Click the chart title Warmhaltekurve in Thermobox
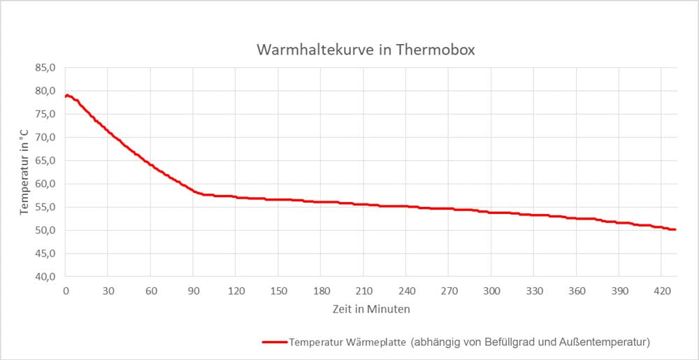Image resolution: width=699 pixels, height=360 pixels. [366, 50]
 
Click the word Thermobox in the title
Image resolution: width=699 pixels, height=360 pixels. [440, 50]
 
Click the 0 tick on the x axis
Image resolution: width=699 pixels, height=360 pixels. [66, 291]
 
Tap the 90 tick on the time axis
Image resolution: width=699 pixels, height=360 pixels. [194, 291]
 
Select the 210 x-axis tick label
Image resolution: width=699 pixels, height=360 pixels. [364, 291]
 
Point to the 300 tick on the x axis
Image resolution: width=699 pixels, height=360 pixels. [492, 291]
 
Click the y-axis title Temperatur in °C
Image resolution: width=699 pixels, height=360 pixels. [24, 172]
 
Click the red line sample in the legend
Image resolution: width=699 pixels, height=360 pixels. [274, 342]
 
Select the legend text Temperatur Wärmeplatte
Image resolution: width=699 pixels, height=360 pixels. [347, 342]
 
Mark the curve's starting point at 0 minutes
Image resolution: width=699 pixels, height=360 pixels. [66, 96]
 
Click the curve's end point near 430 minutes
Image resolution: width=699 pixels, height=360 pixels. [675, 229]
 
